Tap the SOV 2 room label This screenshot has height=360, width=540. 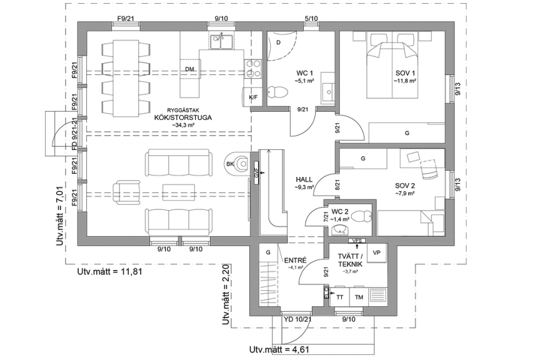click(405, 186)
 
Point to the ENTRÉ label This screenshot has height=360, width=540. click(294, 261)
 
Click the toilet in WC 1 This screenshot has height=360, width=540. click(276, 92)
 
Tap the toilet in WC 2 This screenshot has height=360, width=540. click(359, 217)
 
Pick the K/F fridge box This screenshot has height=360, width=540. click(253, 97)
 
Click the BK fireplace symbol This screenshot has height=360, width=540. click(237, 164)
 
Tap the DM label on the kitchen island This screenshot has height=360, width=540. click(189, 69)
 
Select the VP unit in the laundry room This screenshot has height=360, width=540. click(376, 252)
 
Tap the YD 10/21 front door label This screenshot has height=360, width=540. click(297, 319)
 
